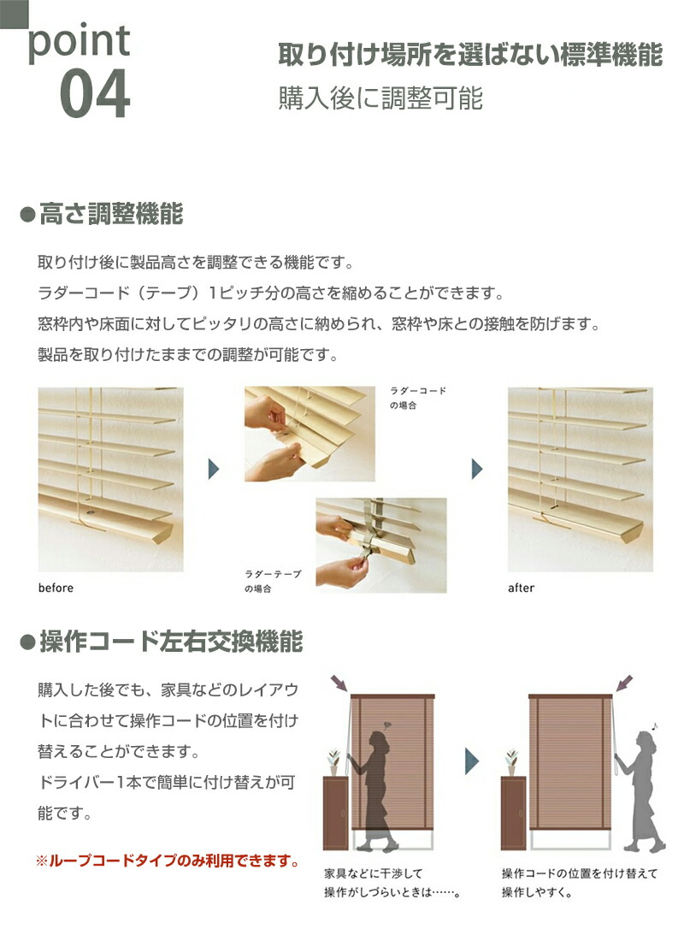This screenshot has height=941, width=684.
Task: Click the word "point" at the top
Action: point(80,41)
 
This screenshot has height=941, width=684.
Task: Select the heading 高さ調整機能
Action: point(110,215)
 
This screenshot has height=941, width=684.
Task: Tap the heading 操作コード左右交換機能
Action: point(170,642)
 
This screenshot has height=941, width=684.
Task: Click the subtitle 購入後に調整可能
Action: point(380,98)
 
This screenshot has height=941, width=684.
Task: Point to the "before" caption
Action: point(56,588)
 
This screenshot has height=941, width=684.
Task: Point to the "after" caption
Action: point(521,588)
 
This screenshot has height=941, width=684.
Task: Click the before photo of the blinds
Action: point(110,479)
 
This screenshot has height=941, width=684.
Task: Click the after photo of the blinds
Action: point(580,479)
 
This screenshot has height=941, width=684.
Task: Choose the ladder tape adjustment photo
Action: point(380,545)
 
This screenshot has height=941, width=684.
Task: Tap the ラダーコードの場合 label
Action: point(417,398)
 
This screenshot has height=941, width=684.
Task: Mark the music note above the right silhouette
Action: point(655,725)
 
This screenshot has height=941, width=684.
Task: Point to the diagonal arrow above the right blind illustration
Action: point(625,683)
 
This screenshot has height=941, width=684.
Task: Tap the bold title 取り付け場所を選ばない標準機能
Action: point(470,55)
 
